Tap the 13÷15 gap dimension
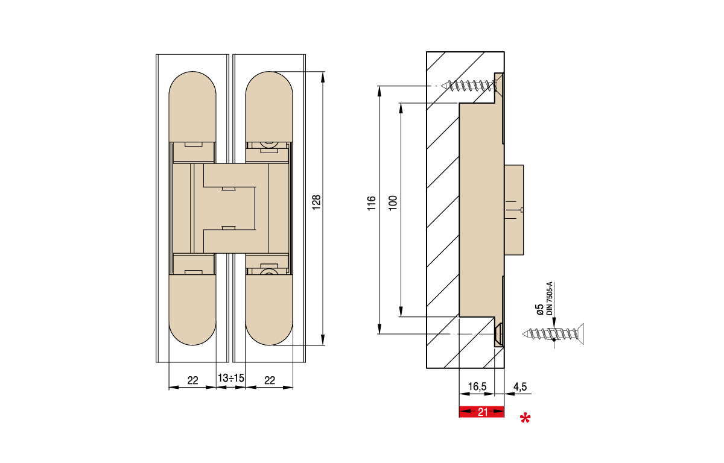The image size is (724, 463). click(230, 379)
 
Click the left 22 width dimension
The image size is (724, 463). click(192, 380)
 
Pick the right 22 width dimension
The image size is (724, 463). click(270, 380)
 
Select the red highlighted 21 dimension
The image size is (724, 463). click(481, 412)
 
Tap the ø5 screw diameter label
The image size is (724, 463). click(539, 310)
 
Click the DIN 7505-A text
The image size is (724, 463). click(550, 298)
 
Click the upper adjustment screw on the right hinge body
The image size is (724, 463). click(268, 144)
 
